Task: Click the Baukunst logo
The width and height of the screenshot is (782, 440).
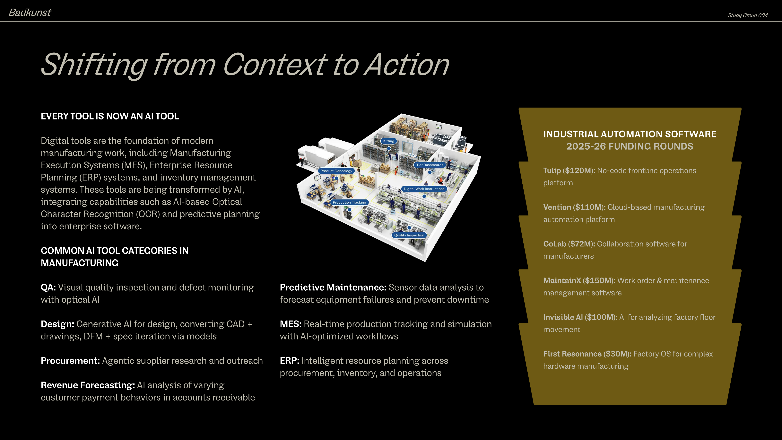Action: coord(30,13)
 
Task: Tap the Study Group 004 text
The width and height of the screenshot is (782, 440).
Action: coord(747,15)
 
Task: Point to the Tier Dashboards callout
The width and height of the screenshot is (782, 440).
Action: coord(430,165)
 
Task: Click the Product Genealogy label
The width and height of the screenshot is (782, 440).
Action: coord(336,171)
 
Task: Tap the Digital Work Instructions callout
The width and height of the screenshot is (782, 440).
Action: coord(424,189)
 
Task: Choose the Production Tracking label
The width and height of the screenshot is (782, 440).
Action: coord(349,202)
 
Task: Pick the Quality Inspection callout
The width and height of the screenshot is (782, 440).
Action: coord(409,235)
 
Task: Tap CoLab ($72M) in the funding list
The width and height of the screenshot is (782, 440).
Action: coord(569,244)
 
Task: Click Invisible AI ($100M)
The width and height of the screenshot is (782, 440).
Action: coord(580,317)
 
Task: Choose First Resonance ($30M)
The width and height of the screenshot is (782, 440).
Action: coord(587,354)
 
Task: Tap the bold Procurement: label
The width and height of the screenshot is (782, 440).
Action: coord(70,361)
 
